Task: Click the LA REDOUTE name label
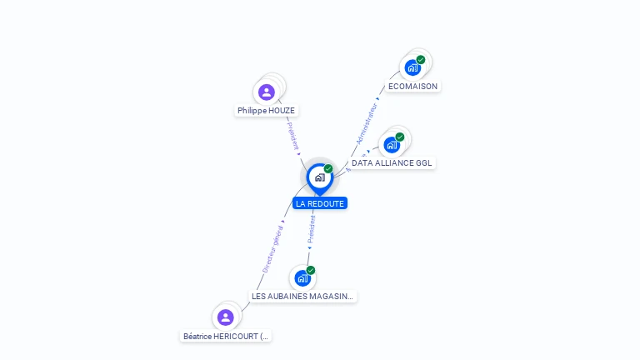tap(319, 203)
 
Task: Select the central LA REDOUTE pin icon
tap(319, 177)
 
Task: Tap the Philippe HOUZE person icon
tap(267, 92)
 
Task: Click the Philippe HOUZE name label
tap(266, 110)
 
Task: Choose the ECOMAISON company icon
tap(412, 67)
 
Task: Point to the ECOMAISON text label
tap(412, 86)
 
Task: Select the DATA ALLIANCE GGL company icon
tap(392, 144)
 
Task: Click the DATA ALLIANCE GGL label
tap(392, 163)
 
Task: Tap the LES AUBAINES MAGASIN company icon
tap(302, 277)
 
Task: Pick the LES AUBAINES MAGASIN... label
tap(302, 296)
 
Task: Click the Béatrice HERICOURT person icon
tap(225, 317)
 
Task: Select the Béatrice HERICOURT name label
tap(226, 337)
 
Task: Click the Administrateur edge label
tap(367, 124)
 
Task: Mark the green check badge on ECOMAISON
tap(421, 59)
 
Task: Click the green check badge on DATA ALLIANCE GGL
tap(400, 137)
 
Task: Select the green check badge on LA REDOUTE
tap(328, 168)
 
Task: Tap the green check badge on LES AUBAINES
tap(311, 270)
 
